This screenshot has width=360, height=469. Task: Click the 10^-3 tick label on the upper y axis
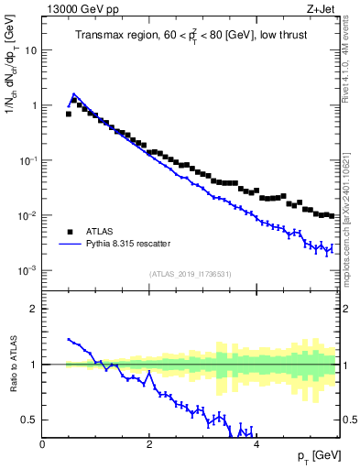(x=27, y=271)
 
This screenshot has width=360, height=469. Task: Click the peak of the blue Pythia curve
(x=73, y=93)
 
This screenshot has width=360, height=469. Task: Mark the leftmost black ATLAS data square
(x=69, y=115)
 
